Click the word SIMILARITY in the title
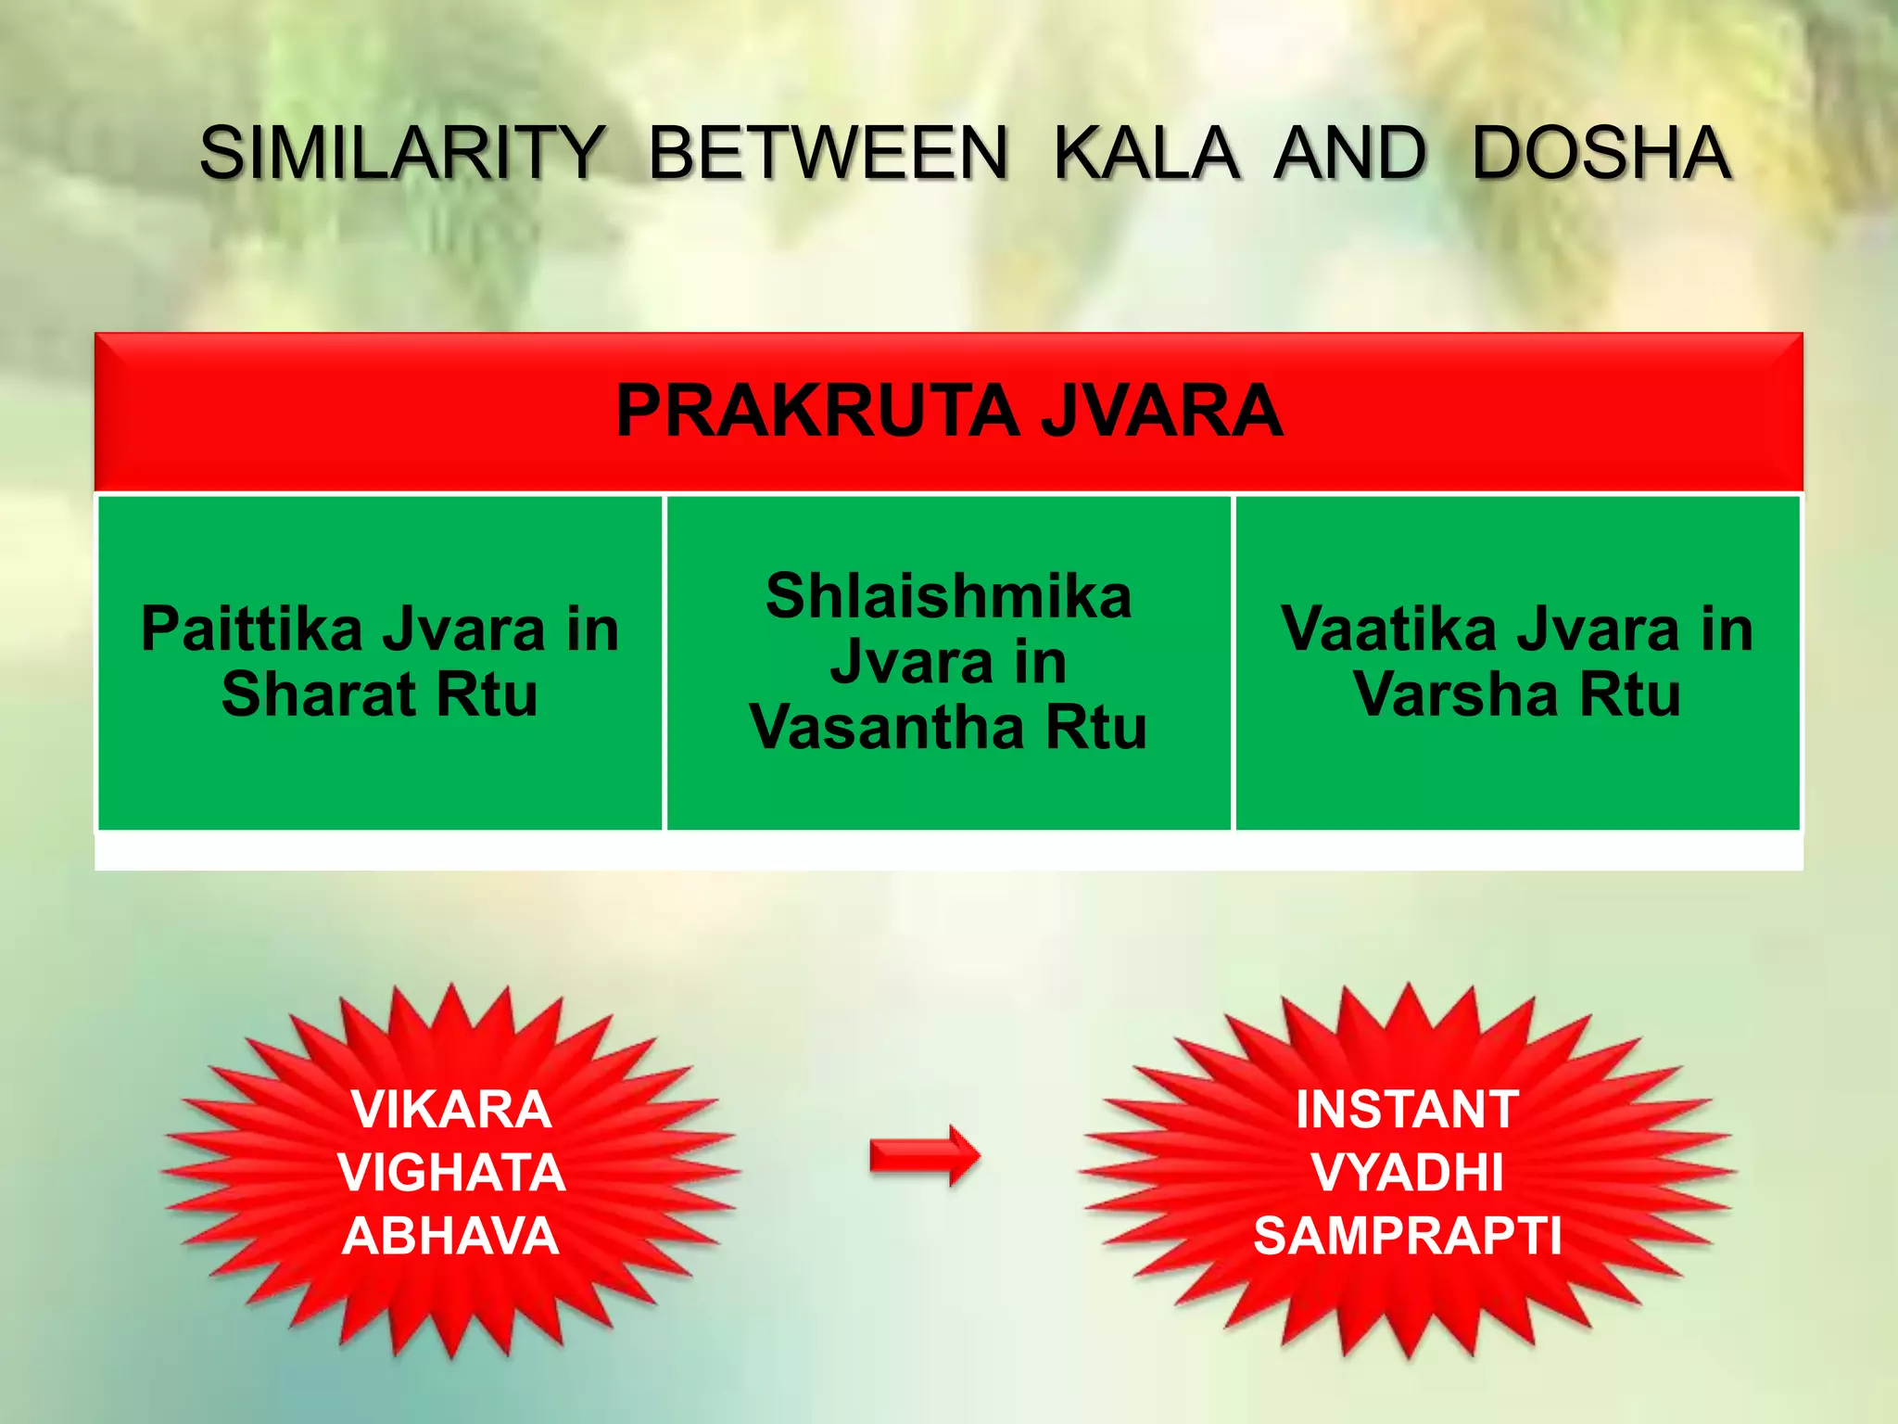pos(402,153)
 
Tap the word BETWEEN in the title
pos(828,153)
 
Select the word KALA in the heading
pos(1145,153)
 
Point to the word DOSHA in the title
pos(1601,153)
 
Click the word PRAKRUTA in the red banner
pos(816,411)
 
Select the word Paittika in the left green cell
pos(251,629)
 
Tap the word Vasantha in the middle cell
pos(887,728)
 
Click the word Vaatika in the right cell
pos(1388,629)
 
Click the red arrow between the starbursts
pos(924,1155)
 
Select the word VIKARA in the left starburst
pos(451,1109)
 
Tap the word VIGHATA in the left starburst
pos(451,1173)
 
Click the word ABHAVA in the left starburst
pos(451,1236)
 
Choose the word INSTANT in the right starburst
pos(1407,1109)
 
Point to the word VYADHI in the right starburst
pos(1407,1173)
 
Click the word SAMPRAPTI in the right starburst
pos(1407,1236)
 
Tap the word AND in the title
pos(1350,153)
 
